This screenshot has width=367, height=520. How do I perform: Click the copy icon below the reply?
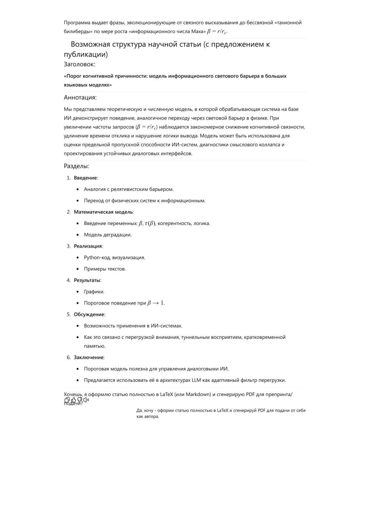[67, 400]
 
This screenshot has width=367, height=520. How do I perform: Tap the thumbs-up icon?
[73, 400]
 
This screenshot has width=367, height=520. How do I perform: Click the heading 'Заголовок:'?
[79, 64]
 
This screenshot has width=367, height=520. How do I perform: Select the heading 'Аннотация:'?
[80, 97]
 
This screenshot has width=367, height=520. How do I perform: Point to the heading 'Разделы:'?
[76, 166]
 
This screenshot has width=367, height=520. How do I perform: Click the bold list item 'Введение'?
[85, 178]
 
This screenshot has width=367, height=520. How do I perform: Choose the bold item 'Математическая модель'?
[103, 212]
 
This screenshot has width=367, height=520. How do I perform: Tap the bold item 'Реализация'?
[88, 246]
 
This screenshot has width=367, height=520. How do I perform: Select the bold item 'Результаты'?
[87, 280]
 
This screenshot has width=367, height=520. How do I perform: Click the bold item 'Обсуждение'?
[89, 314]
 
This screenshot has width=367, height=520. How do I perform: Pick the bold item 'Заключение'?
[89, 357]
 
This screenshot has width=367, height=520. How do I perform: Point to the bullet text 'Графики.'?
[94, 292]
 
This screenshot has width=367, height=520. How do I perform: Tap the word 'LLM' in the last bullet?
[196, 380]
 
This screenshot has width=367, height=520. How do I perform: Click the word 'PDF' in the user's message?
[261, 410]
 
